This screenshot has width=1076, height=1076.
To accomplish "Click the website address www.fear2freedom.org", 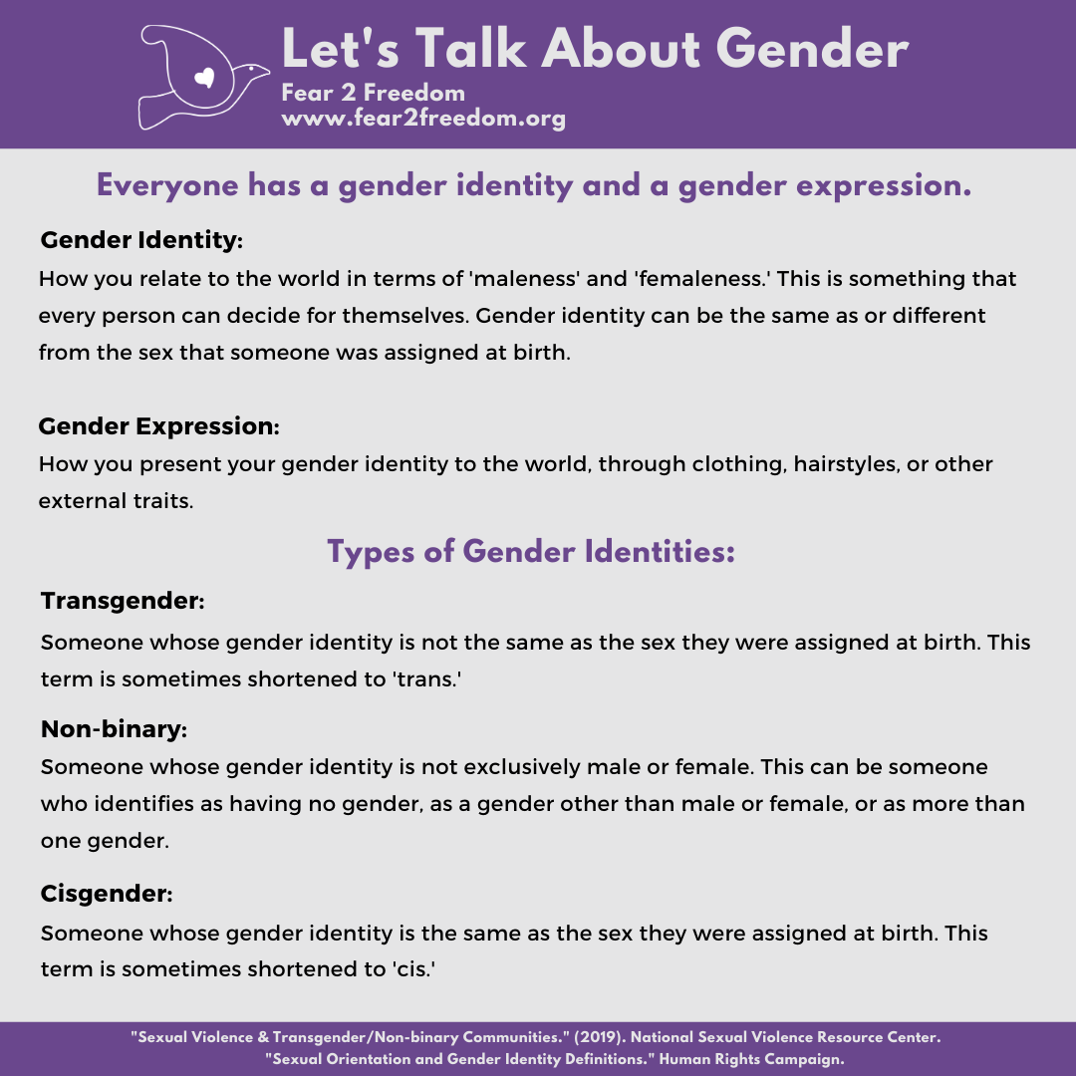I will (x=423, y=119).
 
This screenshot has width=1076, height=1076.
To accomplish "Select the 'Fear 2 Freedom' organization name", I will (x=373, y=94).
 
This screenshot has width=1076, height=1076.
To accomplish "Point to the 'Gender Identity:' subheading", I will (x=141, y=241).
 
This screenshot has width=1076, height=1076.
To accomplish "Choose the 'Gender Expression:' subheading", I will (x=158, y=426).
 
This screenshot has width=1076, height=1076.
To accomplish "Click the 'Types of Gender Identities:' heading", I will (x=531, y=551).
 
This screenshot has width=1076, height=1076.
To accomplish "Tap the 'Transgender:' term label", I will (x=123, y=602).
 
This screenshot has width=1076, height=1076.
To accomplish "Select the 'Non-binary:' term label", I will (x=114, y=729).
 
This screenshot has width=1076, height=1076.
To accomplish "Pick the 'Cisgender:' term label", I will (x=107, y=894).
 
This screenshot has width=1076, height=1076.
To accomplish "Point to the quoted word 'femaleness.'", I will (x=702, y=279).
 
